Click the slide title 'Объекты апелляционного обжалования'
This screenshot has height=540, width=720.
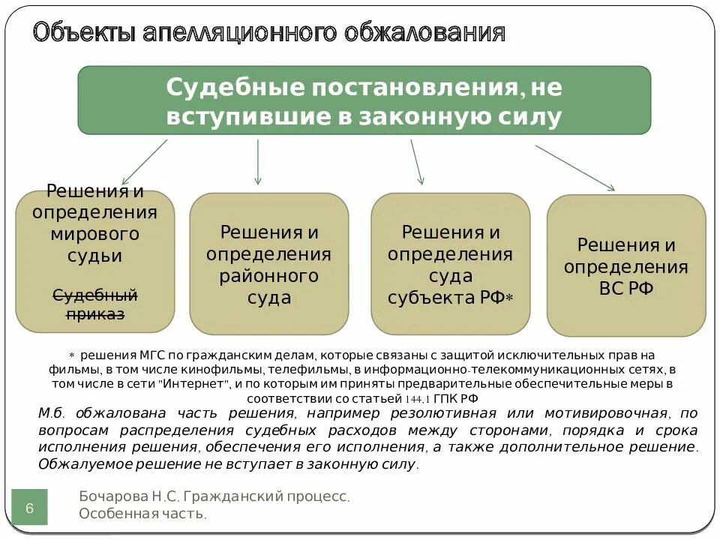click(x=268, y=33)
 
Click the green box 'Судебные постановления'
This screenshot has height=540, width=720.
click(x=364, y=100)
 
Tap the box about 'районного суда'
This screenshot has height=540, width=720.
click(x=268, y=264)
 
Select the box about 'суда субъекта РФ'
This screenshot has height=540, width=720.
click(x=450, y=264)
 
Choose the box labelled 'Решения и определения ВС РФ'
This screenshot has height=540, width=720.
click(x=626, y=266)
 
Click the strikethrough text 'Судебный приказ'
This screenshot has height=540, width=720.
click(x=95, y=304)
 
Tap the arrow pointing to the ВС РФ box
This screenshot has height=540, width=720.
click(x=575, y=167)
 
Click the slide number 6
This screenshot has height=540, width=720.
click(x=30, y=508)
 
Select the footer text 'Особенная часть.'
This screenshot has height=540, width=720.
click(x=142, y=514)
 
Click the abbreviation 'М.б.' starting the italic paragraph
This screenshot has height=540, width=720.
click(x=52, y=414)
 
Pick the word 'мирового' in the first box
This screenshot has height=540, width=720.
click(x=95, y=233)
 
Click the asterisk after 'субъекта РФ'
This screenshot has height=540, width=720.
click(x=508, y=299)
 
